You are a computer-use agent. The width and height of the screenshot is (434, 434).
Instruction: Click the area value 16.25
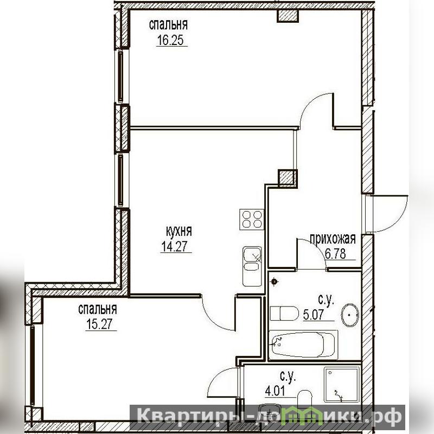(x=170, y=40)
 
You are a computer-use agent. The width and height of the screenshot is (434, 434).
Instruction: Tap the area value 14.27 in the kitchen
(x=175, y=246)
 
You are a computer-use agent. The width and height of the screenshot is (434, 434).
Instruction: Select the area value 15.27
(x=100, y=324)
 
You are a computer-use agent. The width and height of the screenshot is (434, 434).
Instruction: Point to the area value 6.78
(x=335, y=254)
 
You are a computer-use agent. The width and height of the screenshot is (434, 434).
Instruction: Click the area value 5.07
(x=314, y=315)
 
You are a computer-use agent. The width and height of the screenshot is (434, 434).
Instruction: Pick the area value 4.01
(x=275, y=391)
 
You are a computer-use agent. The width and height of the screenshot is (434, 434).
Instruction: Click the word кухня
(x=179, y=231)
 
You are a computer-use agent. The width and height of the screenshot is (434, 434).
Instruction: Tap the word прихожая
(x=333, y=239)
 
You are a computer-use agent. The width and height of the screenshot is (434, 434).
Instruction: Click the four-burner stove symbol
(x=252, y=219)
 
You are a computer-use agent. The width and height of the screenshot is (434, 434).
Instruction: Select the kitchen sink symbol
(x=252, y=266)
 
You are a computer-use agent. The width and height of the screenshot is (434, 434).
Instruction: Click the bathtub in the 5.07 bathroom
(x=303, y=345)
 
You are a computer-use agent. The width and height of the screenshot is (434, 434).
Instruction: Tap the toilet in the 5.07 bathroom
(x=284, y=314)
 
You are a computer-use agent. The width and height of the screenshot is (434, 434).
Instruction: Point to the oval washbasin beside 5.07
(x=350, y=315)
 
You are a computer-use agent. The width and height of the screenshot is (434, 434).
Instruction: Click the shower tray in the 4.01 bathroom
(x=342, y=385)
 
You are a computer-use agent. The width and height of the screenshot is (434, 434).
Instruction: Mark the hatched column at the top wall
(x=288, y=16)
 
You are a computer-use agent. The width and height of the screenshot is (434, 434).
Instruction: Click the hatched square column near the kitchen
(x=288, y=177)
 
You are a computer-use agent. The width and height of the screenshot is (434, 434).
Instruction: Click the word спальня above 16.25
(x=168, y=24)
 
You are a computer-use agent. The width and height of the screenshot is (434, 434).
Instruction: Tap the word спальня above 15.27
(x=98, y=309)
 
